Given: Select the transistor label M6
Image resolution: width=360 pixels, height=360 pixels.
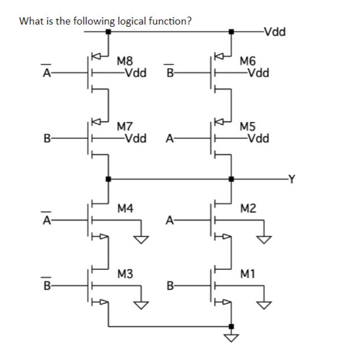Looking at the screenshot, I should coord(246,61).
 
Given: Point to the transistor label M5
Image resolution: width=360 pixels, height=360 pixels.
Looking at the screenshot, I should coord(246,127).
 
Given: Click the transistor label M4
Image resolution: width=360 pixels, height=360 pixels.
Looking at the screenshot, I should coord(125,208).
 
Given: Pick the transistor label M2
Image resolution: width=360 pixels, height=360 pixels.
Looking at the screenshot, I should coord(248,208).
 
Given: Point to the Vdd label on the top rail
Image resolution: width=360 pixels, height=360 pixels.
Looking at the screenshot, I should coord(275,31).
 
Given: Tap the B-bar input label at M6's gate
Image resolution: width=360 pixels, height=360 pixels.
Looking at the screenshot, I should coord(170,72).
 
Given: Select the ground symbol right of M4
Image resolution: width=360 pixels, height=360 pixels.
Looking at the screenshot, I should coord(143,239).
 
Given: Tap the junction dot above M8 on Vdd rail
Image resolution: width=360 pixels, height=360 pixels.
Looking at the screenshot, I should coord(108,32).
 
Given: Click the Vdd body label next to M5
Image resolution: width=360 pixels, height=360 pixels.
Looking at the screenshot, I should coord(259,138).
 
